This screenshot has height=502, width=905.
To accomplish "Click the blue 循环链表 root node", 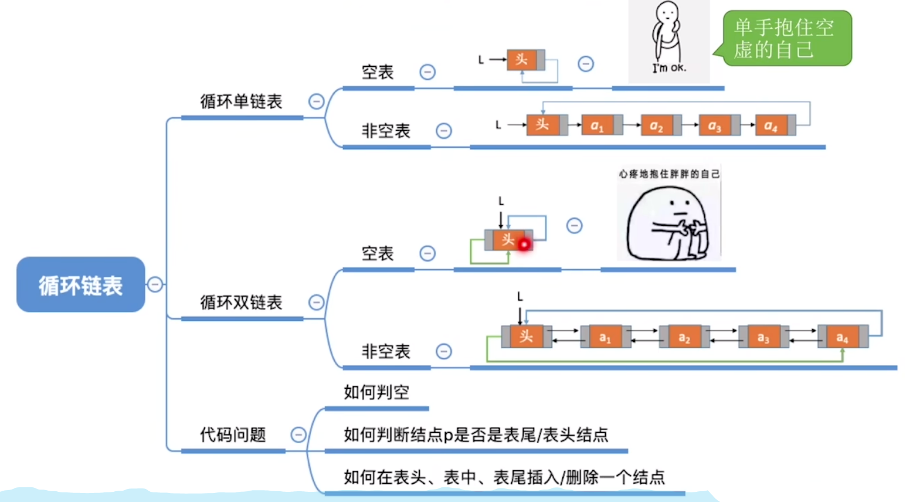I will click(80, 285).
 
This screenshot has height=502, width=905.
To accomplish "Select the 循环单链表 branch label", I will click(241, 102).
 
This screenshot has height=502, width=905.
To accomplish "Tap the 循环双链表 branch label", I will click(241, 303).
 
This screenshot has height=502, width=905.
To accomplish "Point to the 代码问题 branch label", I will click(232, 435).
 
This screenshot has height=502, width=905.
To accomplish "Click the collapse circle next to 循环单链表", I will click(316, 101).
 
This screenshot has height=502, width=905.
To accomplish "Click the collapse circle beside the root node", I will click(155, 284).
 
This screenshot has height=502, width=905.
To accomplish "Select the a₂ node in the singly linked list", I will click(657, 125).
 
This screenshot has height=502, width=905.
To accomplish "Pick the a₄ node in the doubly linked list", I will click(842, 337).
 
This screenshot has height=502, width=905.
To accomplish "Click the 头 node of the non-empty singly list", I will click(542, 125).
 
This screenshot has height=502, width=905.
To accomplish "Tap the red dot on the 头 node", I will click(524, 244).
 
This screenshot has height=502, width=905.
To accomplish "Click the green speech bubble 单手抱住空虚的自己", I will click(786, 38).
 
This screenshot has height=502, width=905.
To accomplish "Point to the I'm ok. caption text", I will click(669, 68).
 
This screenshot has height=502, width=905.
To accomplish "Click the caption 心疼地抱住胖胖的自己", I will click(669, 174).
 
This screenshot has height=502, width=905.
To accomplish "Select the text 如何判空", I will click(376, 392).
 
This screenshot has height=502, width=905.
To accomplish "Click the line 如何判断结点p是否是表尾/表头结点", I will click(476, 435).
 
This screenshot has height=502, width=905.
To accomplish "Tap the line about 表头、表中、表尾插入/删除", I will click(504, 477).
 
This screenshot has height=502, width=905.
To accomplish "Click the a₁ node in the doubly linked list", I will click(605, 337).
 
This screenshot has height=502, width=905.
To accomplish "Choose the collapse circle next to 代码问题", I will click(298, 435).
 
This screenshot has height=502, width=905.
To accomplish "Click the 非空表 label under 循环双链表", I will click(386, 351).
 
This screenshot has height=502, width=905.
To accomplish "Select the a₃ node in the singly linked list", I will click(715, 125).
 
